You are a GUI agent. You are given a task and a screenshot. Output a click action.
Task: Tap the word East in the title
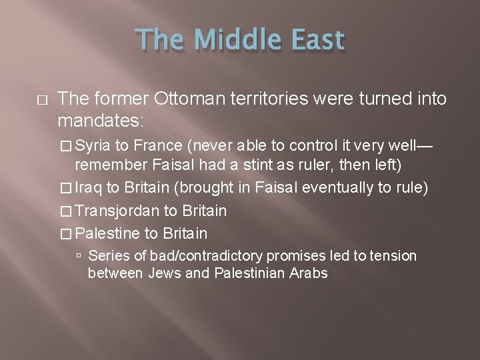coord(317,41)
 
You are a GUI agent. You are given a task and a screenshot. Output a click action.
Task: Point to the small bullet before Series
coord(80,256)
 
